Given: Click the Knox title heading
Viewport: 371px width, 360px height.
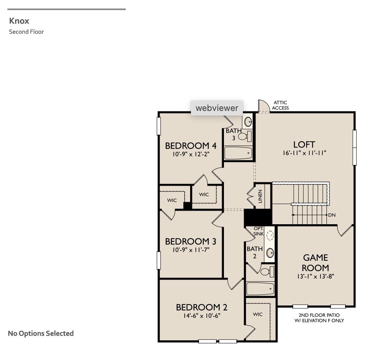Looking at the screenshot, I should coord(19,21).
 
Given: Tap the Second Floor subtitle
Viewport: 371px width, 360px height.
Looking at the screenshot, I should coord(26,32).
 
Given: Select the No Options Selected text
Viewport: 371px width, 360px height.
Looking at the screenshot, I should coord(41,333).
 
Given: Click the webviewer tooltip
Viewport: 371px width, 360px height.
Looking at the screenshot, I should coord(217,108).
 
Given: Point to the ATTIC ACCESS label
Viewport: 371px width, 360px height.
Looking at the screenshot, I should coord(280,106).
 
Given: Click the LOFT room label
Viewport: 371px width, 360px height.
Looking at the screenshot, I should coord(304,145).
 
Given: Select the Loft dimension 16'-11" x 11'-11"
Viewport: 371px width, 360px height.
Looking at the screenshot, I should coord(304,153).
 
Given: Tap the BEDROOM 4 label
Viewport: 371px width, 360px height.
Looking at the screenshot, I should coord(191,146).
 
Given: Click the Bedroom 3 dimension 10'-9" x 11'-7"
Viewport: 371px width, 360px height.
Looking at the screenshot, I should coord(191,250).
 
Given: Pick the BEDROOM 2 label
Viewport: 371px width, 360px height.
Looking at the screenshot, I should coord(201,307).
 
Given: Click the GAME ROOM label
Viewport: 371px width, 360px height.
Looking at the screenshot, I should coord(316,263).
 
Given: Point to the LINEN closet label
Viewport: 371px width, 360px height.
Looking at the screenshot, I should coord(260,196).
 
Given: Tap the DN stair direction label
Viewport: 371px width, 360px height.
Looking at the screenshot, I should coord(331,215).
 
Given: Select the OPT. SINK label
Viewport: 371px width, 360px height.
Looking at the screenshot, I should coord(258,232).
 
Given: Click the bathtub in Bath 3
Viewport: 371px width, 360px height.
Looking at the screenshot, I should coord(238,153).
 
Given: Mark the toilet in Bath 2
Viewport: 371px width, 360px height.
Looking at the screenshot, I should coord(266,272).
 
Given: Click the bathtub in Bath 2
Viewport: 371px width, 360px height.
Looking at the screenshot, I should coord(260,289).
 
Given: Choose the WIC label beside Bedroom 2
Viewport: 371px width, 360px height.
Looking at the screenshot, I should coord(258,314).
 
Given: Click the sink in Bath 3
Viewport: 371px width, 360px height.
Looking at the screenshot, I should coord(248,121).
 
